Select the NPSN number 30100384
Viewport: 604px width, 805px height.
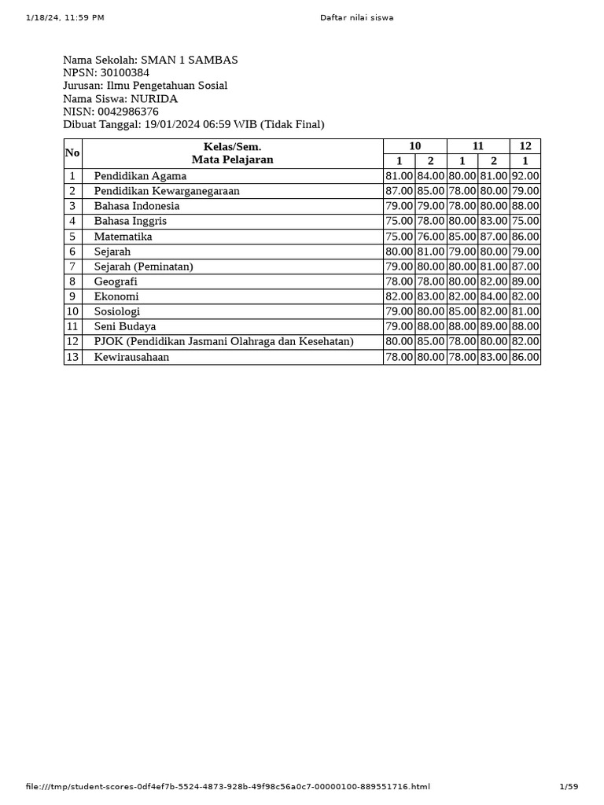tap(124, 73)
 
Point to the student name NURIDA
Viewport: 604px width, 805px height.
tap(153, 99)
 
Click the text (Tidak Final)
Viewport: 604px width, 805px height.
tap(292, 124)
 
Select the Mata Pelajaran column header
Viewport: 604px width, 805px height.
tap(232, 160)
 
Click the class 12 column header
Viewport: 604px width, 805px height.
tap(525, 146)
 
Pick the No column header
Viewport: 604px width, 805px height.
tap(72, 153)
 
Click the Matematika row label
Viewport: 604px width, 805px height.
tap(123, 237)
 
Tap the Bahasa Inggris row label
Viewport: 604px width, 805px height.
tap(130, 221)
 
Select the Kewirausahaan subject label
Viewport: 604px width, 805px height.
tap(131, 357)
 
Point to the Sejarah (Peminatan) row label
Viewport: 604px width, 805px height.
tap(143, 266)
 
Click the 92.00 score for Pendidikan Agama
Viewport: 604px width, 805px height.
tap(525, 176)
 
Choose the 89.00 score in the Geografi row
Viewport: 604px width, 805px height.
tap(525, 281)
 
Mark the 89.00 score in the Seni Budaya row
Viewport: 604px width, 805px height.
tap(493, 326)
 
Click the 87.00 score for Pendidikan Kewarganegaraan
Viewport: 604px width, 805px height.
tap(399, 191)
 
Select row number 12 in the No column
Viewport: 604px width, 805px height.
tap(72, 341)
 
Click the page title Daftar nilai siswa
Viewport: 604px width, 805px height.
tap(356, 17)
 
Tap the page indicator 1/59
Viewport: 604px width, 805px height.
tap(568, 787)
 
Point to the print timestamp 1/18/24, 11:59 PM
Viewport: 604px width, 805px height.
tap(64, 17)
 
